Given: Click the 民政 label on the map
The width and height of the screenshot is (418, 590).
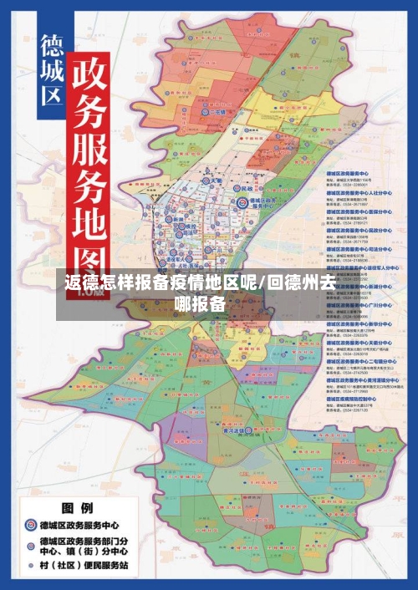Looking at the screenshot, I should (x=268, y=190).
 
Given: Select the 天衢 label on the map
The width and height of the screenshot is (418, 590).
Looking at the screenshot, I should (x=215, y=181).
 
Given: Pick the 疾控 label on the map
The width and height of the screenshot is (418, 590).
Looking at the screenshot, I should (x=190, y=226).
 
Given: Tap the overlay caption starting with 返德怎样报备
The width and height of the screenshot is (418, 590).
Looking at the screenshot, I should (x=200, y=293).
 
